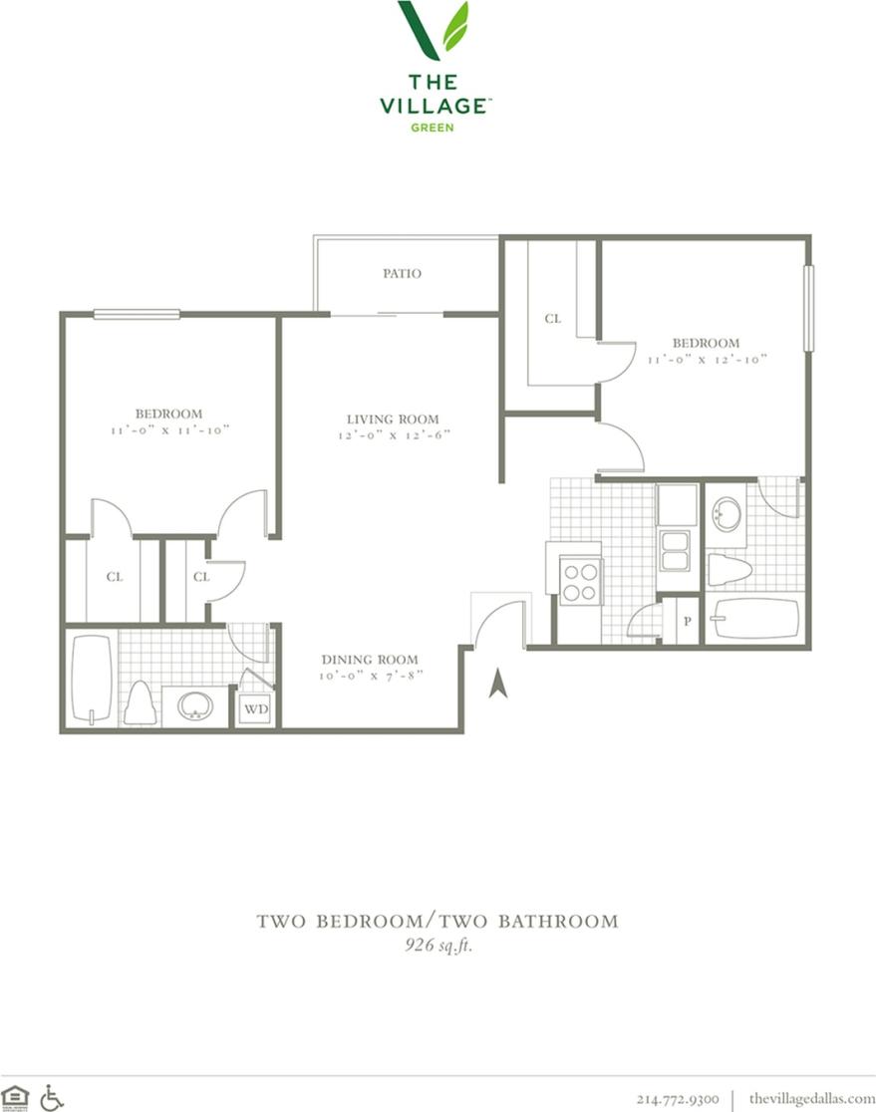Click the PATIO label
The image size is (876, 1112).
point(402,273)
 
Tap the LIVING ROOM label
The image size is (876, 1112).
point(393,419)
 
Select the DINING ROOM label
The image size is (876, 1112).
point(369,660)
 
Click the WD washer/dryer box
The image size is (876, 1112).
point(254,709)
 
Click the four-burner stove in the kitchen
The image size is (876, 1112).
point(580,581)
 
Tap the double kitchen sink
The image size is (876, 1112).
point(675,551)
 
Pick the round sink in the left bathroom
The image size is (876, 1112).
point(194,706)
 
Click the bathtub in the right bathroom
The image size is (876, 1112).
point(756,618)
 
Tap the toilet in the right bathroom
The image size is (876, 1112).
point(730,571)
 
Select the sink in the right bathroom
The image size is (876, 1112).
point(728,514)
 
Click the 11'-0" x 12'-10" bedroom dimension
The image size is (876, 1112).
point(707,360)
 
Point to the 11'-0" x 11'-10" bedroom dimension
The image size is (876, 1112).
point(169,430)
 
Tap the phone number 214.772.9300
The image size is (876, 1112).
point(678,1098)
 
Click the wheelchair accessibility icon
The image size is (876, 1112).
point(52,1097)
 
